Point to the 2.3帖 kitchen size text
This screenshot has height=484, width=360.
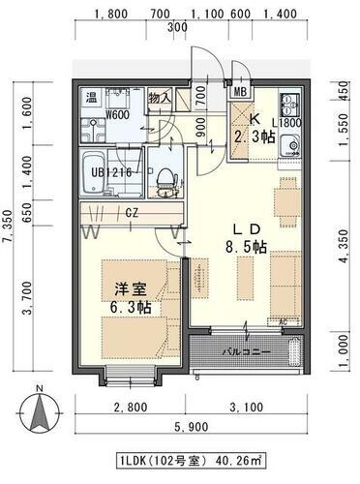[254, 137]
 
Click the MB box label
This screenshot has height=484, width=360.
[240, 92]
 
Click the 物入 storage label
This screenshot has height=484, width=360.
[160, 97]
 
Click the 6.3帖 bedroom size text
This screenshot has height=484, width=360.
[129, 308]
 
